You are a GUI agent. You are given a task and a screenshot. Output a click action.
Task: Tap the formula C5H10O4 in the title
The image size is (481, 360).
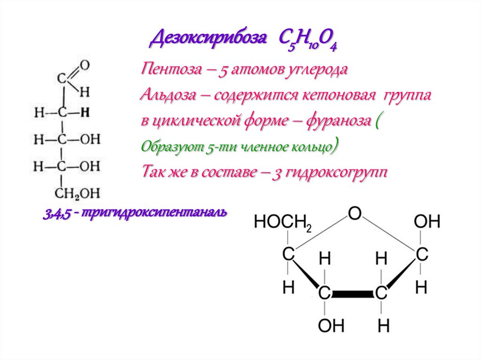click(x=309, y=41)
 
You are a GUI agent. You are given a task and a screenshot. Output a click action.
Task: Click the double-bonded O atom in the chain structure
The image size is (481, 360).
click(x=85, y=64)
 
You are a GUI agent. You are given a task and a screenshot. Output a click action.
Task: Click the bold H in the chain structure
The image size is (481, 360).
click(x=85, y=112)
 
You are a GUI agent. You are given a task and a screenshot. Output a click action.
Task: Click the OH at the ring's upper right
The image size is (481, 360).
click(x=427, y=222)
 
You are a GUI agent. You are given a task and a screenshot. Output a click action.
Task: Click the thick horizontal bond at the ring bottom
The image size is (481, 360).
click(x=353, y=294)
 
